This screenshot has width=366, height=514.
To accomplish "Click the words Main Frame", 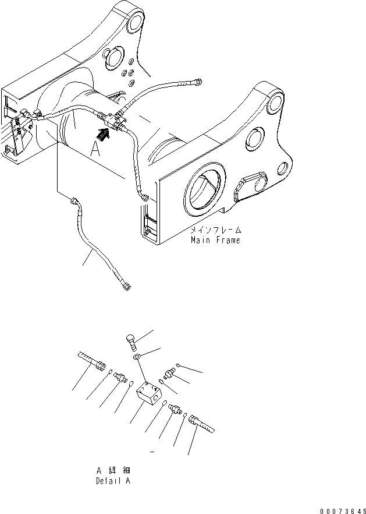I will click(x=215, y=240).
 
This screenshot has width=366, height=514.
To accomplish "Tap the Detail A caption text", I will click(x=113, y=481).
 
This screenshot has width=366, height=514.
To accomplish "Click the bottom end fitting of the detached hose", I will click(x=126, y=285).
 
